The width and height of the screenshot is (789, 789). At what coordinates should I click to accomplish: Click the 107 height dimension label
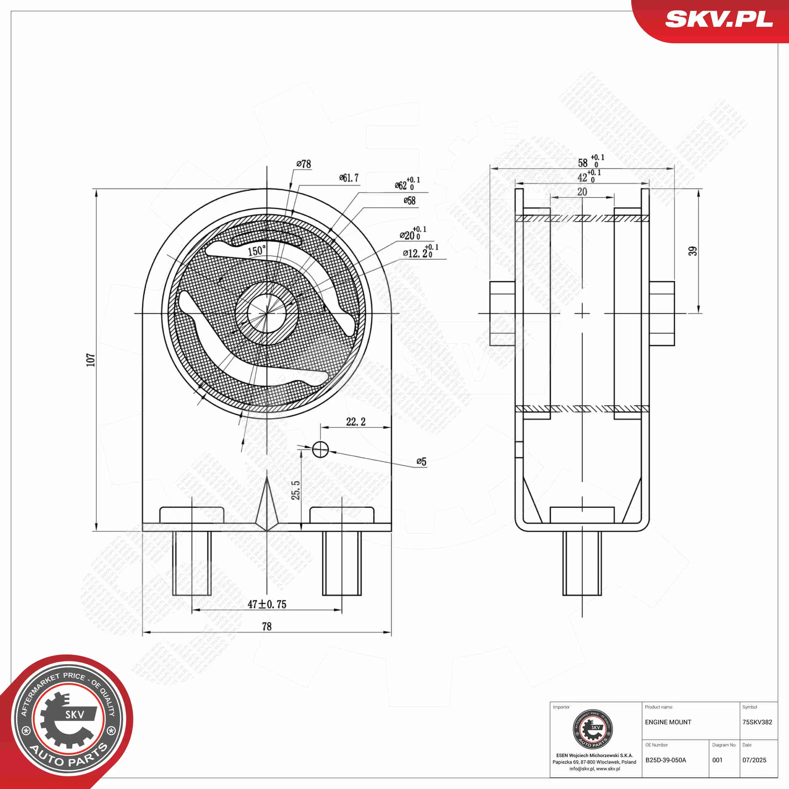(90, 360)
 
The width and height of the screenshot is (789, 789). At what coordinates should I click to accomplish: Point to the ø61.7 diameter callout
(349, 178)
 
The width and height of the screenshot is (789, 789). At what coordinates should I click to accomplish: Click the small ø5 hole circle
(320, 449)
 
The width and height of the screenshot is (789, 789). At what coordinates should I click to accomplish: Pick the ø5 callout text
(421, 461)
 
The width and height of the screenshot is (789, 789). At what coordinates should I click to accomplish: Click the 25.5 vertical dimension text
(296, 490)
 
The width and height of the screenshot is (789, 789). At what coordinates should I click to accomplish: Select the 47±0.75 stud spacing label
(267, 604)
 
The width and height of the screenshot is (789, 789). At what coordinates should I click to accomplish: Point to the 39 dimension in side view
(693, 251)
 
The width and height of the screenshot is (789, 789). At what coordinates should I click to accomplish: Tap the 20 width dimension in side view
(582, 192)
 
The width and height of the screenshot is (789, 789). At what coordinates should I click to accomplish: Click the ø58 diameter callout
(409, 200)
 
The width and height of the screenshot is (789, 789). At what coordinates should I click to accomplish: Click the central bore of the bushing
(267, 313)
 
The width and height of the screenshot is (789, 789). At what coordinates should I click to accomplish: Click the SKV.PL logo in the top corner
(719, 20)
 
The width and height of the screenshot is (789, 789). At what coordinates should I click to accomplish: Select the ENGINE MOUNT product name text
(668, 722)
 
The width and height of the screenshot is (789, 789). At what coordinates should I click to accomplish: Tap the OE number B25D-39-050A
(666, 760)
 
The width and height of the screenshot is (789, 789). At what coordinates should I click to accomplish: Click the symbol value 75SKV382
(757, 722)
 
